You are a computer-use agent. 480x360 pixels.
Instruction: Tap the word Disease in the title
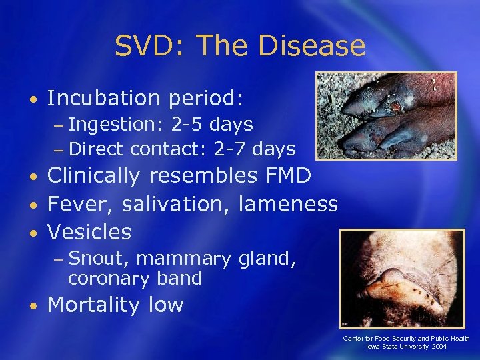tap(313, 47)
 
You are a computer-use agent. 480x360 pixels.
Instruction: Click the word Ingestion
tap(111, 125)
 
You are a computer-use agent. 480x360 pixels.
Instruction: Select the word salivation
tap(176, 203)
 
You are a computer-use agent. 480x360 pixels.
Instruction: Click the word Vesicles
tap(89, 231)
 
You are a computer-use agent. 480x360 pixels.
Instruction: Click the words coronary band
tap(135, 278)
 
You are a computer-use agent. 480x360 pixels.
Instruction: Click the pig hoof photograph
tap(386, 115)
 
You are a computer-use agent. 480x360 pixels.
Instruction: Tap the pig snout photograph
tap(402, 278)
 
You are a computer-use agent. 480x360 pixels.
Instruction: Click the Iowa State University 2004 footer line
tap(406, 347)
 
